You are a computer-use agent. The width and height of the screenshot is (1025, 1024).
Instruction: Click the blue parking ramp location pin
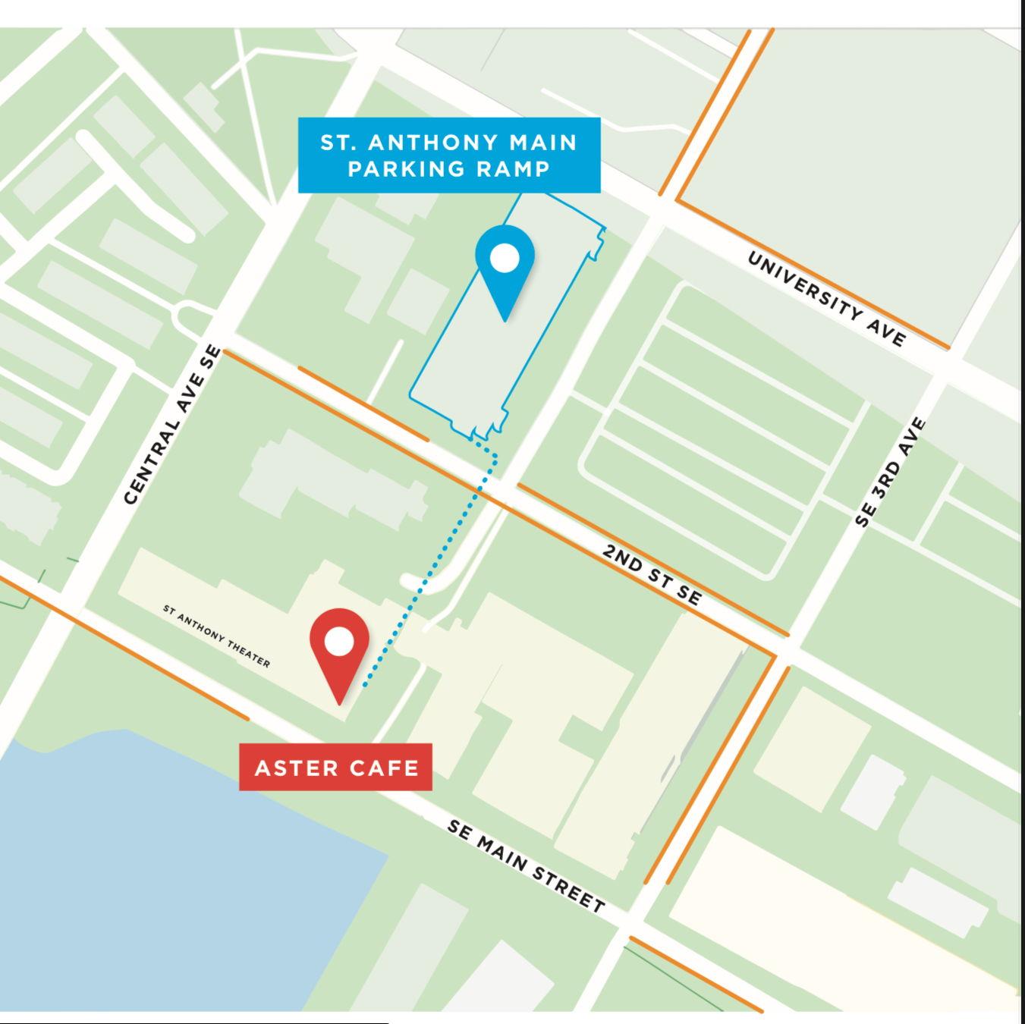tap(505, 269)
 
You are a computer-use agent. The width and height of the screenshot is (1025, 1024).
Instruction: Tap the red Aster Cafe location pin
tap(339, 652)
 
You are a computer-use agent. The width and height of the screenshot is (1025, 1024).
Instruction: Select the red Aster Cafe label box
tap(335, 767)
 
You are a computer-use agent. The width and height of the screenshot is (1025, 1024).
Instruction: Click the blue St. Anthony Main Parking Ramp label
tap(449, 155)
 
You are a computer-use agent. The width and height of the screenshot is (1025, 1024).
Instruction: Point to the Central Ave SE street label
tap(172, 426)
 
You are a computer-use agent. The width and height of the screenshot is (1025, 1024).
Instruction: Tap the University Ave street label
tap(826, 298)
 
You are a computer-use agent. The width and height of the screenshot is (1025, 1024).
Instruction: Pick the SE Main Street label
tap(526, 865)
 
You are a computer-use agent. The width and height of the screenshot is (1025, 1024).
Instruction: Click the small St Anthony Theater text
tap(216, 636)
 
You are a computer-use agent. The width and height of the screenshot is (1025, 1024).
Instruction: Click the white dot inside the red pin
tap(339, 642)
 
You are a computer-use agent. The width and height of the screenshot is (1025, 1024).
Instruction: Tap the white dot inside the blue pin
tap(505, 259)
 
